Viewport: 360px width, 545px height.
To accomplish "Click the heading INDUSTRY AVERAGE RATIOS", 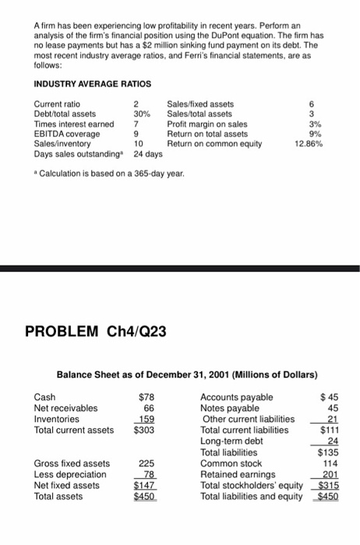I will pos(87,83).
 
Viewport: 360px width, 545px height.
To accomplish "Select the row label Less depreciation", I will pos(70,473).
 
